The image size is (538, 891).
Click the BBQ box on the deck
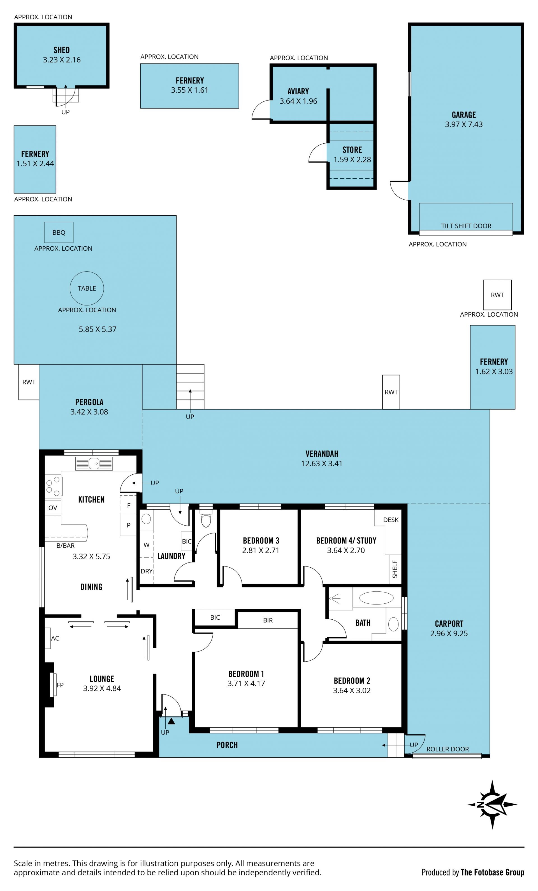(59, 232)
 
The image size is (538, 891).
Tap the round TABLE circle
(87, 288)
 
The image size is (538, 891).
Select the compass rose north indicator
(492, 804)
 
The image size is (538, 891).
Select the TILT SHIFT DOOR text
(466, 226)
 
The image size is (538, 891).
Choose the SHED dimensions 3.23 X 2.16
(62, 60)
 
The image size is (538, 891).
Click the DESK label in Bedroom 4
(391, 520)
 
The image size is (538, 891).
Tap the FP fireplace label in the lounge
(60, 685)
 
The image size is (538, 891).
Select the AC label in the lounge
(55, 638)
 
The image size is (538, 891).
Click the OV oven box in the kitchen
(53, 508)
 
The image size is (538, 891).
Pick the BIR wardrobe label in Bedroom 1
(268, 620)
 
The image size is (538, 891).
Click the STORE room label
(352, 150)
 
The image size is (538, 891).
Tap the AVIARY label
(298, 92)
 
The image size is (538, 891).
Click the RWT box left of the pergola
(29, 382)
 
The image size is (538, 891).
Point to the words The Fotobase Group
(492, 872)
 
